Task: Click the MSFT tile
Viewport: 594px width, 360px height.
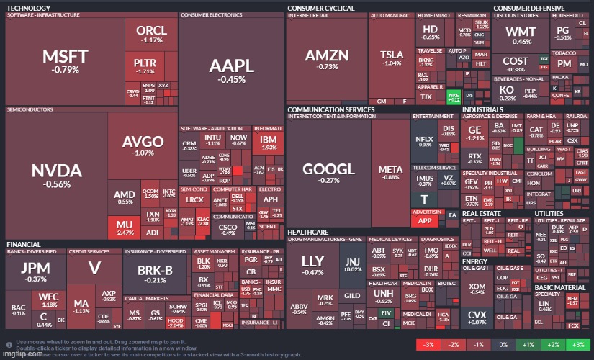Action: (x=65, y=60)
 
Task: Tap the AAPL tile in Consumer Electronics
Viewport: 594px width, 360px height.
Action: (x=231, y=69)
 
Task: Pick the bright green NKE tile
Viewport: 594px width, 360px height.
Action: (x=453, y=96)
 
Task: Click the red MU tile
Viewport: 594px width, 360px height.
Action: (x=125, y=228)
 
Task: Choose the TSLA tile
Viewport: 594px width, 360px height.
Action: (x=392, y=58)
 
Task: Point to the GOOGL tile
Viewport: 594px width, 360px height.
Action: (x=328, y=173)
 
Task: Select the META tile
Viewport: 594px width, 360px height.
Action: (x=391, y=173)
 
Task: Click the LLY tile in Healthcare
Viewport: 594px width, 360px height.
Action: (x=312, y=264)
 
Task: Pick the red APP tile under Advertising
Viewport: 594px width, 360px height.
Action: (x=425, y=221)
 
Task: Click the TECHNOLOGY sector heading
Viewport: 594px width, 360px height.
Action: (x=28, y=8)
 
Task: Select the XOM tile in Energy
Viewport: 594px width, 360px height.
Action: (x=477, y=288)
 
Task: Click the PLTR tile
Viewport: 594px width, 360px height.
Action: (x=145, y=66)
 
